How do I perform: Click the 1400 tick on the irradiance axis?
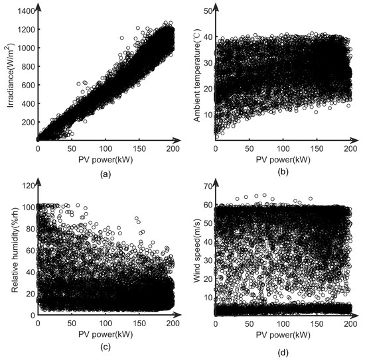tap(22, 11)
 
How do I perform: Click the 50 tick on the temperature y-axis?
tap(206, 12)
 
